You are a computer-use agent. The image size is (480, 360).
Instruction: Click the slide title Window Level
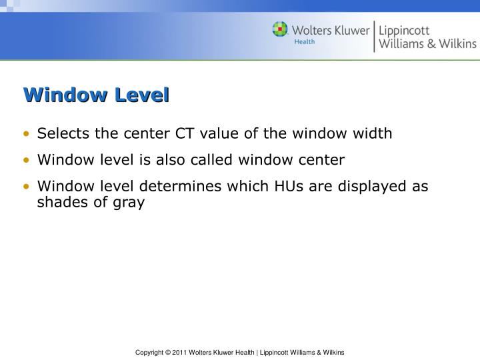pyautogui.click(x=97, y=95)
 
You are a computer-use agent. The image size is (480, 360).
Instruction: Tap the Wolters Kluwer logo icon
pyautogui.click(x=280, y=30)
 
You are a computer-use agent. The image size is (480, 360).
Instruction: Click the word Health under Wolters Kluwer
pyautogui.click(x=305, y=42)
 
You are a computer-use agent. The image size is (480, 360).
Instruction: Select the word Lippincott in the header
pyautogui.click(x=404, y=30)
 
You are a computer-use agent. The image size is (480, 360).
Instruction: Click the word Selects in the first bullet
pyautogui.click(x=63, y=133)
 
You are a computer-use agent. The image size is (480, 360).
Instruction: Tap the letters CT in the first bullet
pyautogui.click(x=184, y=133)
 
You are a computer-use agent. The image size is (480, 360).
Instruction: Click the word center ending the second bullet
pyautogui.click(x=321, y=160)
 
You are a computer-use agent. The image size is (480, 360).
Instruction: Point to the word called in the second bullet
pyautogui.click(x=209, y=160)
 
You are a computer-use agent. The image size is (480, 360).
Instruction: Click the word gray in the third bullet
pyautogui.click(x=129, y=203)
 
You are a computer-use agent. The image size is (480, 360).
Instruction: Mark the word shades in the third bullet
pyautogui.click(x=60, y=203)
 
